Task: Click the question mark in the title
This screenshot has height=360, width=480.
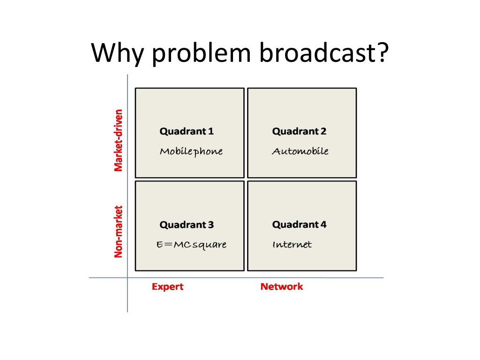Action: [381, 52]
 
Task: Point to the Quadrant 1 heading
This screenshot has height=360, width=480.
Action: [187, 131]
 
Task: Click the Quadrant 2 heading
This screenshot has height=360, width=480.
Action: [299, 131]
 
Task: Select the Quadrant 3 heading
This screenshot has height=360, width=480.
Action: [187, 225]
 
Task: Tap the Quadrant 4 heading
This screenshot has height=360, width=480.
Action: [299, 225]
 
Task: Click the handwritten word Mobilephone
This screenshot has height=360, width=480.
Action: [191, 151]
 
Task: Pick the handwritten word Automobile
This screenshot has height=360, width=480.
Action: [300, 151]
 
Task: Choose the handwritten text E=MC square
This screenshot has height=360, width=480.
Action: [191, 245]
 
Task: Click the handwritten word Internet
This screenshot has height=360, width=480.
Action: [292, 245]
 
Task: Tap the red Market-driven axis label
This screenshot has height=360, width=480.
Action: [119, 140]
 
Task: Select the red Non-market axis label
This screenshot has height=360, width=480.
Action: [119, 232]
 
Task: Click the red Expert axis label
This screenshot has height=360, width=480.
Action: [167, 287]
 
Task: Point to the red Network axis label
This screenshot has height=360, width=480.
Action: [282, 287]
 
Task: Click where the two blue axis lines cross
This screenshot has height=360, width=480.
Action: [127, 277]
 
